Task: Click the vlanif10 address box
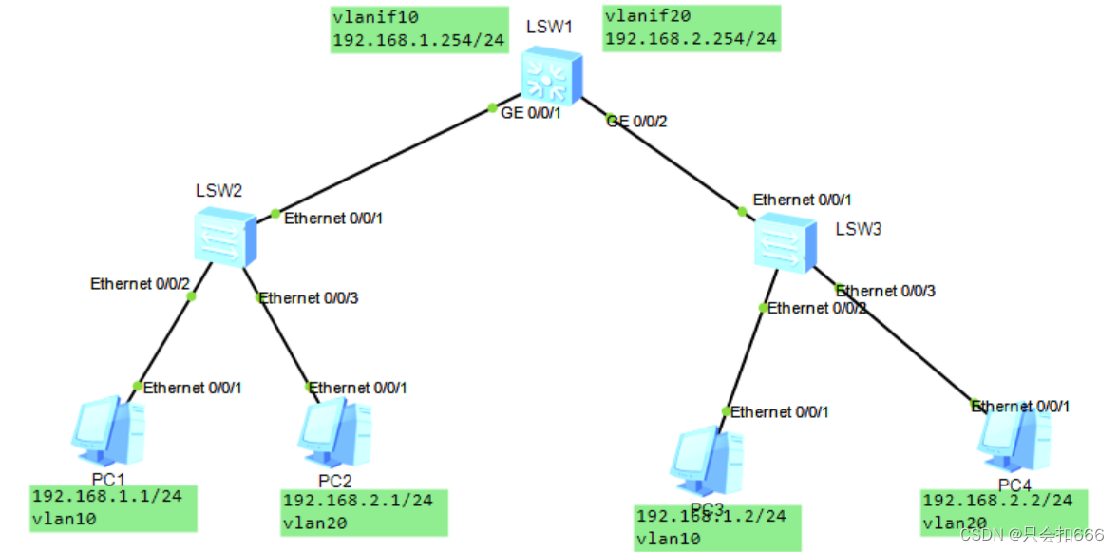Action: pyautogui.click(x=419, y=29)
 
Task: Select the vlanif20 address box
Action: pyautogui.click(x=692, y=29)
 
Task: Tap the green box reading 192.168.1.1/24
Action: pyautogui.click(x=113, y=507)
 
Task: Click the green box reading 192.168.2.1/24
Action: pyautogui.click(x=364, y=512)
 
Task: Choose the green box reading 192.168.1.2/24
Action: pyautogui.click(x=717, y=527)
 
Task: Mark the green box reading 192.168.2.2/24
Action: pyautogui.click(x=1003, y=511)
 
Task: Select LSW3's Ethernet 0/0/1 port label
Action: pyautogui.click(x=803, y=200)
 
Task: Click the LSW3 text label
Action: pyautogui.click(x=859, y=228)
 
